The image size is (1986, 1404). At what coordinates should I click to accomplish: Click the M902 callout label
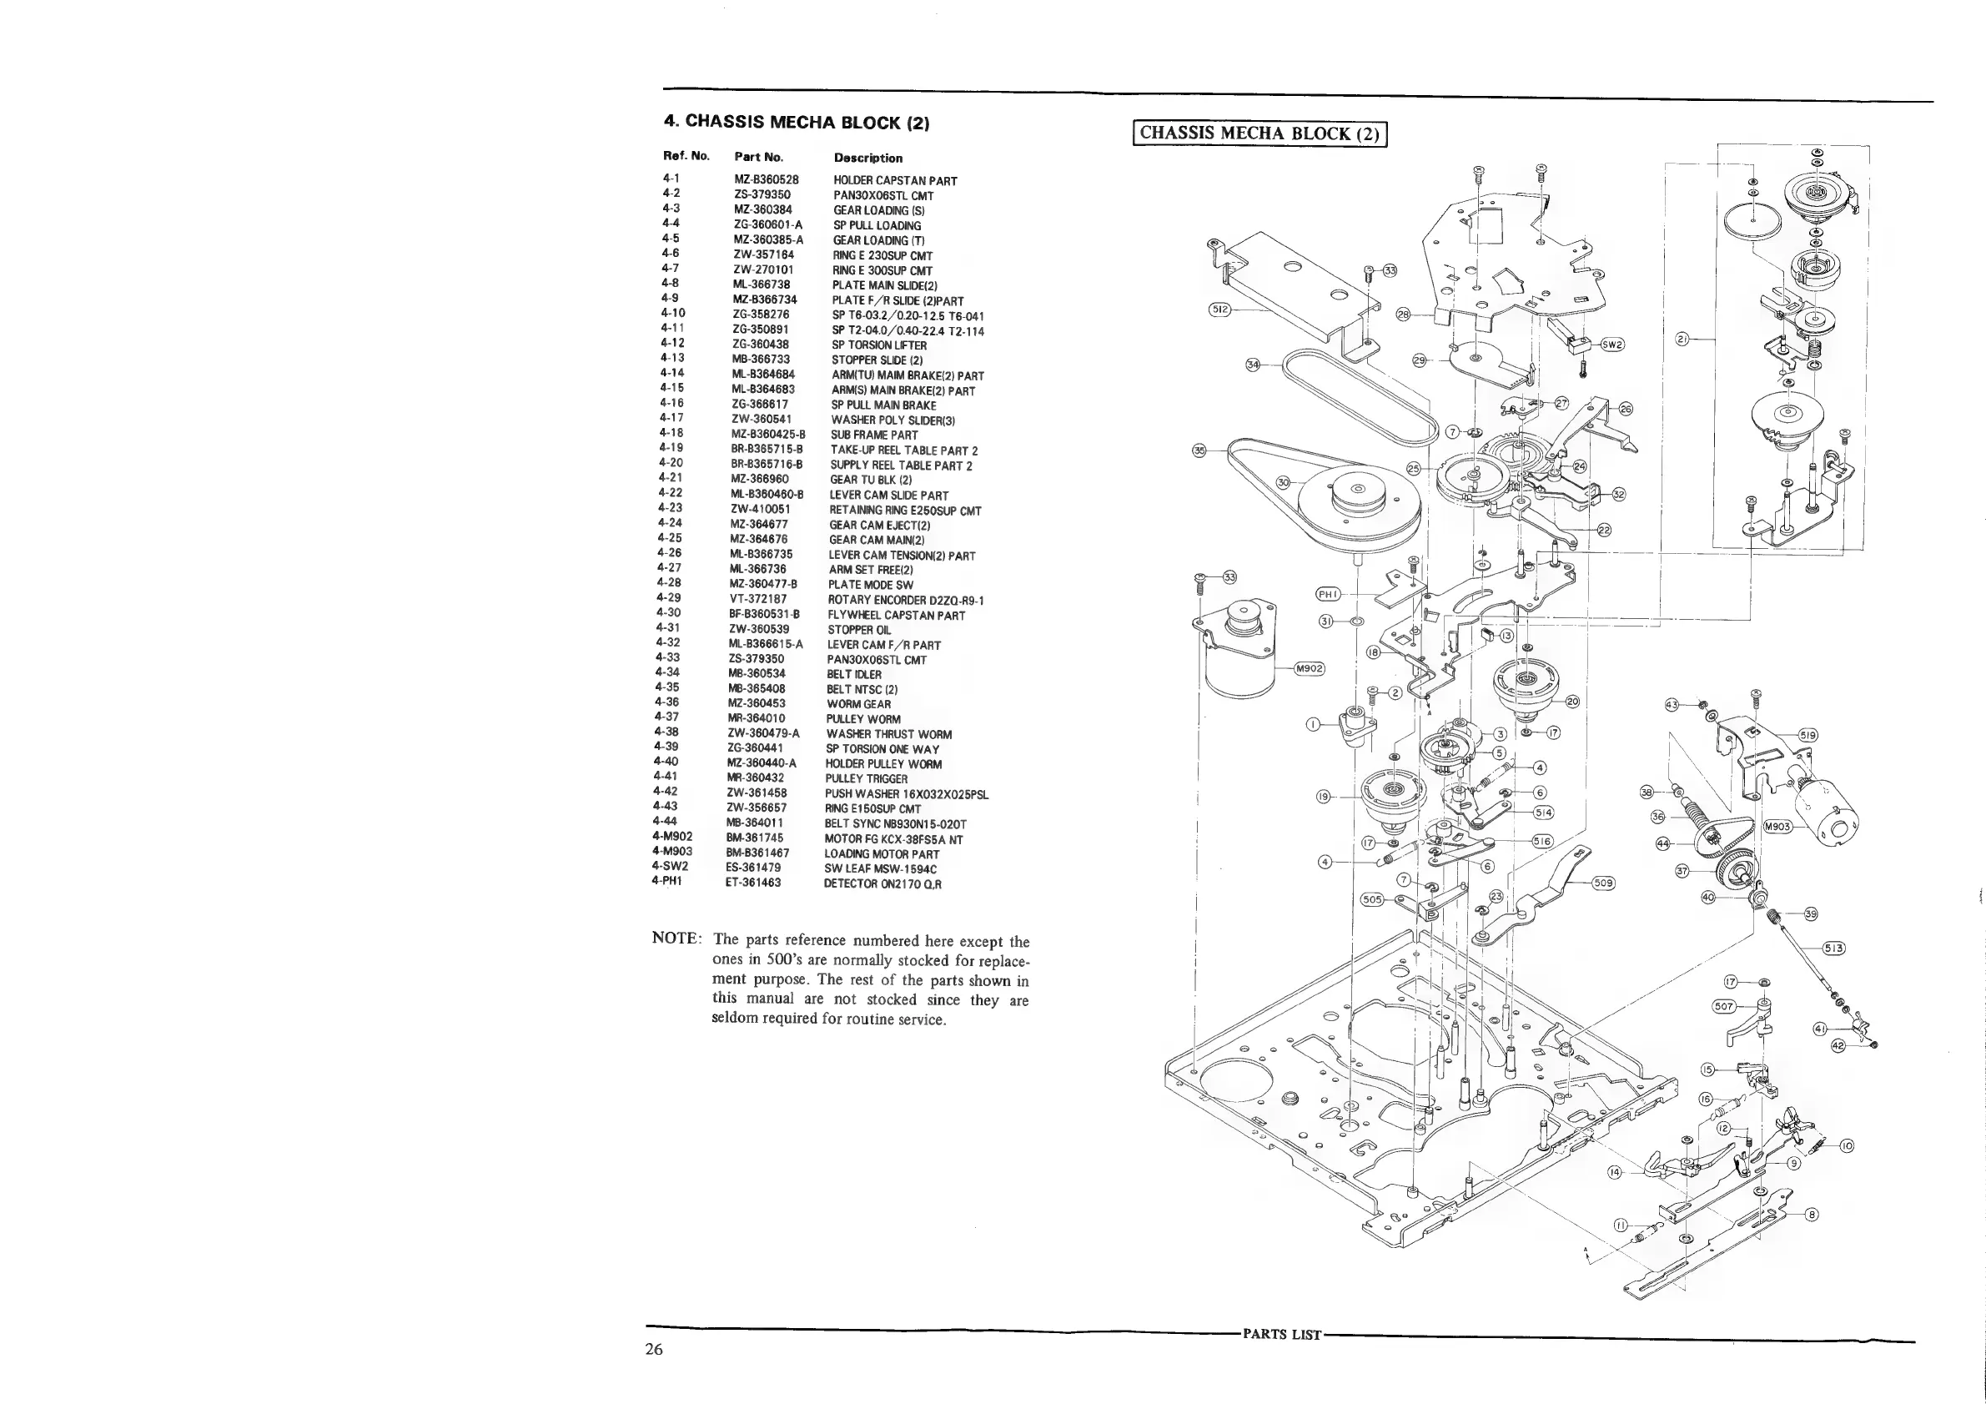[1309, 668]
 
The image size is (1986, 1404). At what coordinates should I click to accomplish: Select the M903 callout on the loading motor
[1777, 827]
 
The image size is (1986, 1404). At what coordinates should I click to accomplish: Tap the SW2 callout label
[1612, 344]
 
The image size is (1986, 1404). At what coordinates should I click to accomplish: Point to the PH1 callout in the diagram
[1328, 594]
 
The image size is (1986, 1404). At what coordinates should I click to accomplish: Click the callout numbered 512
[1220, 309]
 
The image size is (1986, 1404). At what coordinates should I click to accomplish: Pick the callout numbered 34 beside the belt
[1253, 365]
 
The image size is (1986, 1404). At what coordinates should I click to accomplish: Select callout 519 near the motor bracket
[1808, 735]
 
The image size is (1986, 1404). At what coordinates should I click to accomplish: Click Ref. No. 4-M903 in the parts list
[672, 852]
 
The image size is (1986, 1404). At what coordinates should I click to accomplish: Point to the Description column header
[867, 159]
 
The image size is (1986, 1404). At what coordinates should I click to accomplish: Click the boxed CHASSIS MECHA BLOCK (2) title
[1259, 133]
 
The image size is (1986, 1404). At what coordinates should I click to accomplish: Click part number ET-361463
[752, 883]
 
